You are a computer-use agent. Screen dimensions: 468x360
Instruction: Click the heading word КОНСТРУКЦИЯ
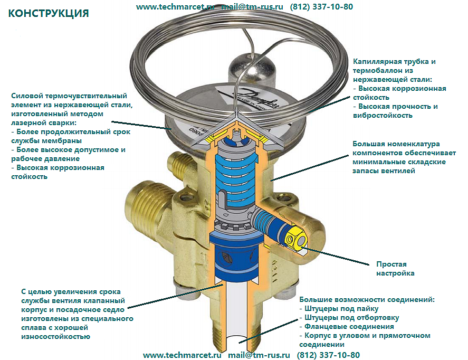[49, 13]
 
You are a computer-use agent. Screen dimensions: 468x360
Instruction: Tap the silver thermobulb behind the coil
[253, 69]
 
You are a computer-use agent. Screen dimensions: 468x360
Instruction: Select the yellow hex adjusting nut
[295, 238]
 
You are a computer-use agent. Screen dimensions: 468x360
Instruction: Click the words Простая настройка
[395, 269]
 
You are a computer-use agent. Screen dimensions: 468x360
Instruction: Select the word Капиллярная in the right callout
[377, 62]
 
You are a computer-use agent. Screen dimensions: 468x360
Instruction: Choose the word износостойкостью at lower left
[55, 336]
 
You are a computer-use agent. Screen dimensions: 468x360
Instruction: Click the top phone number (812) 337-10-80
[321, 6]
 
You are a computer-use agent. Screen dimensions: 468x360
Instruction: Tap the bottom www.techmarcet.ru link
[182, 355]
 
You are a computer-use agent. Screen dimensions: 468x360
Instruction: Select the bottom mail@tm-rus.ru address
[259, 355]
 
